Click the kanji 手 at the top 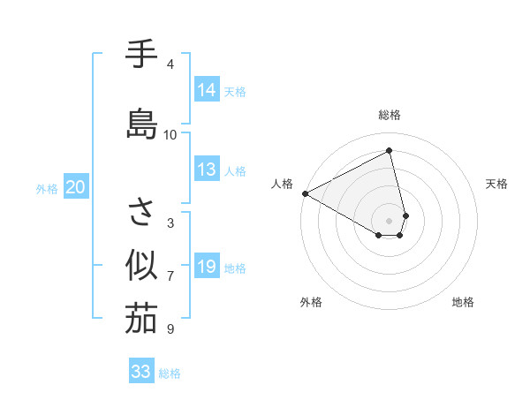point(141,55)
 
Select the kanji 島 point(141,124)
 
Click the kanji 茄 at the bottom point(141,319)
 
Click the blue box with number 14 point(206,90)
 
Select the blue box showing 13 point(206,170)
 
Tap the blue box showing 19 point(206,267)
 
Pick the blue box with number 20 point(76,187)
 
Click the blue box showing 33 point(141,372)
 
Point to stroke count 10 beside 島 point(170,135)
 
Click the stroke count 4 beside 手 point(170,64)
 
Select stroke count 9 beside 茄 point(170,329)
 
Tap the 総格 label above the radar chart point(390,115)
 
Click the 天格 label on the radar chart point(497,184)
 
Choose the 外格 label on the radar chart point(311,302)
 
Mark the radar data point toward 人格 point(305,192)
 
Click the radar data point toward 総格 point(390,151)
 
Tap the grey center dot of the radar point(390,220)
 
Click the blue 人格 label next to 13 point(235,170)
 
